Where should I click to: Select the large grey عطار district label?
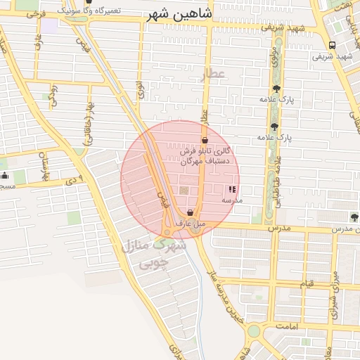pos(212,73)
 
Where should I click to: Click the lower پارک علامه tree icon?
pos(274,127)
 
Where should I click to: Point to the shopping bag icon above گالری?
pos(204,141)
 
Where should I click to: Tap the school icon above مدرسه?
pos(232,189)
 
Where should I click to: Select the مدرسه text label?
pos(232,200)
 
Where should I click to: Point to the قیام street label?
pos(307,283)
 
